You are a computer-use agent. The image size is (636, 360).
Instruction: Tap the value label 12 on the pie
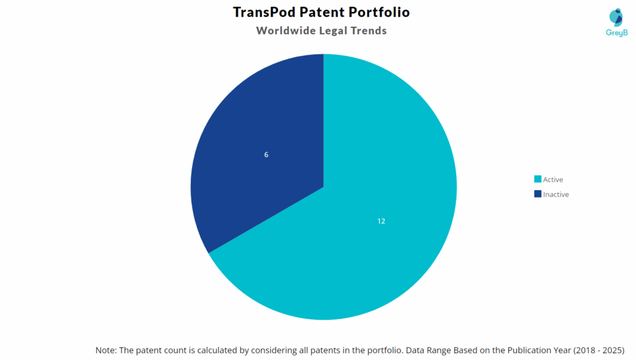point(381,221)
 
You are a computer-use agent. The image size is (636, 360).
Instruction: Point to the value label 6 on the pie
point(266,155)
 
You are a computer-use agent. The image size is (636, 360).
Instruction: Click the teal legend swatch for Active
point(537,179)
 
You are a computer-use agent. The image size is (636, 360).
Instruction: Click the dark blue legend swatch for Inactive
point(537,194)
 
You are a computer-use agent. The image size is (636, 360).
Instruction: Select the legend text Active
point(553,179)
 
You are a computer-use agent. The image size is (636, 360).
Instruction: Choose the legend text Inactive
point(556,194)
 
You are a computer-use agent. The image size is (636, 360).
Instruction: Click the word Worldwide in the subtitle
point(288,30)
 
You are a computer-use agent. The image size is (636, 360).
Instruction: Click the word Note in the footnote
point(106,350)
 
